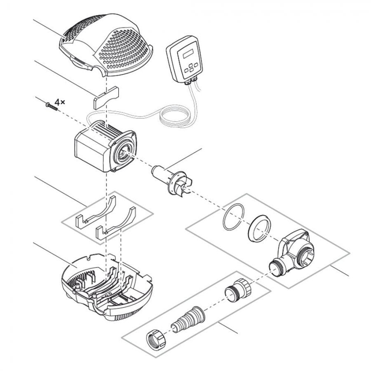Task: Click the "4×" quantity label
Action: pyautogui.click(x=60, y=102)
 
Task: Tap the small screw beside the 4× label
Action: pyautogui.click(x=52, y=106)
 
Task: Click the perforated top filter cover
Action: pyautogui.click(x=106, y=45)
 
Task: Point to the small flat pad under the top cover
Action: pyautogui.click(x=106, y=98)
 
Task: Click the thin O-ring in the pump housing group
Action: pyautogui.click(x=233, y=217)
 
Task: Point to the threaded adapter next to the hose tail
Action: pyautogui.click(x=238, y=290)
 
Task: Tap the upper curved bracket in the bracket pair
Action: pyautogui.click(x=96, y=211)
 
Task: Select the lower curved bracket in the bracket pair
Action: pyautogui.click(x=115, y=223)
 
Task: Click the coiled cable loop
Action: pyautogui.click(x=175, y=117)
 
